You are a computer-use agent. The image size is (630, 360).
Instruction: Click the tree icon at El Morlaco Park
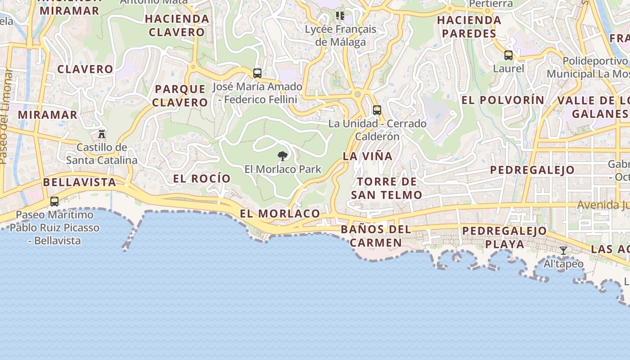[x=283, y=156]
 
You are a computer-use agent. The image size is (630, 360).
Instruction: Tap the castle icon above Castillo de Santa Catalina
[x=102, y=134]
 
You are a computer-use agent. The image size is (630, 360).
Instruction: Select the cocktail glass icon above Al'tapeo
[x=563, y=251]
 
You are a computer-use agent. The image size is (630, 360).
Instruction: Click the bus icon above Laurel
[x=508, y=55]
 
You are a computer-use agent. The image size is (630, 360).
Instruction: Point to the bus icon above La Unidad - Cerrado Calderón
[x=377, y=110]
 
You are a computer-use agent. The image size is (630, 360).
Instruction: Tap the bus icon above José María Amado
[x=257, y=73]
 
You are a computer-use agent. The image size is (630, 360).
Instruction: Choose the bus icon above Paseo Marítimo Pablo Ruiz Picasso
[x=54, y=202]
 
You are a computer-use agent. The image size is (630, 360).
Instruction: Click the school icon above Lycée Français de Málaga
[x=340, y=16]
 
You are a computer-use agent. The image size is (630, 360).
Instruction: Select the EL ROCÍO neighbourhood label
[x=202, y=179]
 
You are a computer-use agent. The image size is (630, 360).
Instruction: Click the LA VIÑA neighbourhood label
[x=368, y=157]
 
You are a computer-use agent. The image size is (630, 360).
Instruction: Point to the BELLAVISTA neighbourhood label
[x=80, y=182]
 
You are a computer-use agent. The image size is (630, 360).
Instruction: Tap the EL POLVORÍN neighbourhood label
[x=503, y=100]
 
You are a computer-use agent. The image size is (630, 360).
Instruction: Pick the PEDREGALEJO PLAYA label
[x=504, y=238]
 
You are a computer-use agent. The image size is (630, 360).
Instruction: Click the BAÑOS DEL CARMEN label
[x=376, y=236]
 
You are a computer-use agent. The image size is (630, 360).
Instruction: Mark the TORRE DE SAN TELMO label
[x=387, y=188]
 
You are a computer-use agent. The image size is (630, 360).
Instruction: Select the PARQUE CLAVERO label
[x=180, y=95]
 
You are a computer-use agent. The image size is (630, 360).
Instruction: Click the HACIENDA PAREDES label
[x=469, y=27]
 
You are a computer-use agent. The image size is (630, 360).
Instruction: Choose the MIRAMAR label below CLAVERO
[x=48, y=115]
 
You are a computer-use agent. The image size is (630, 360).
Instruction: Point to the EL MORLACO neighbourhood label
[x=280, y=214]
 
